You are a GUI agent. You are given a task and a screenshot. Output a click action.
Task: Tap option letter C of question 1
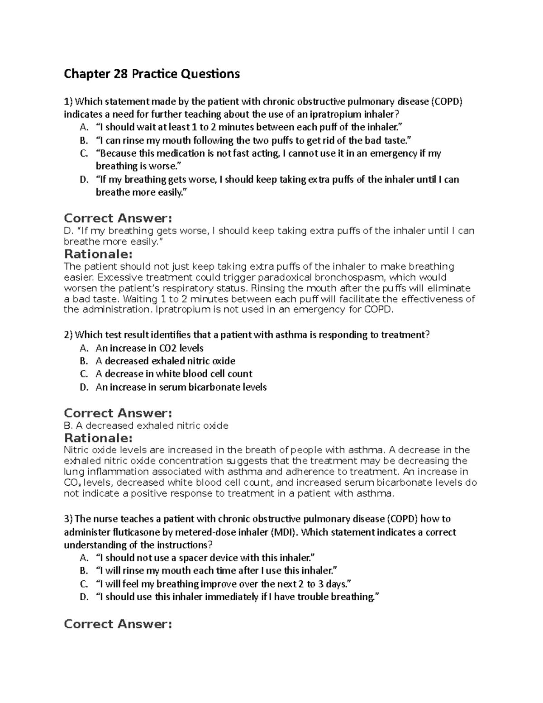pos(84,153)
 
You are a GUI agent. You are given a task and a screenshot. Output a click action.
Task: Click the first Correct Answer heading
pos(118,218)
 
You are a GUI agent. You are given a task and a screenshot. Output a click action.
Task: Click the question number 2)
pos(68,335)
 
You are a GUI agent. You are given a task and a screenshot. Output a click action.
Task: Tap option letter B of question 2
pos(84,361)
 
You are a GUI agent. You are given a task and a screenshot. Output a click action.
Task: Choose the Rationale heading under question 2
pos(98,438)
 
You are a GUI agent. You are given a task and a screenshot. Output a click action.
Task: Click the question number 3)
pos(68,519)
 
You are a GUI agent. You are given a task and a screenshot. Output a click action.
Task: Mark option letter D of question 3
pos(84,597)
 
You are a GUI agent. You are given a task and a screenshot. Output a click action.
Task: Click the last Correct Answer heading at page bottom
pos(118,624)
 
